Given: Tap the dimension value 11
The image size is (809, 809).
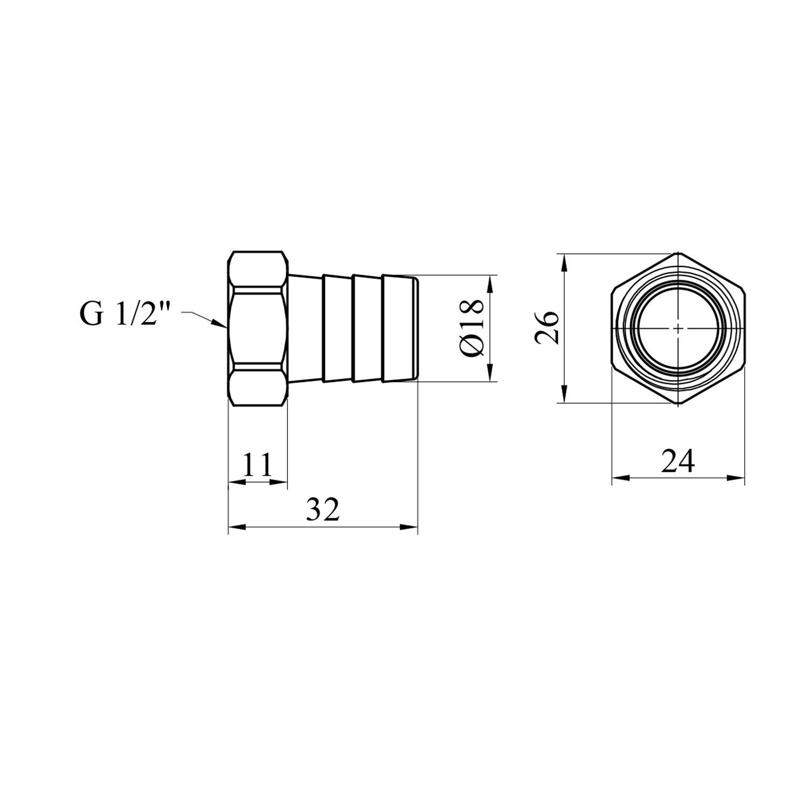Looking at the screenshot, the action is (257, 464).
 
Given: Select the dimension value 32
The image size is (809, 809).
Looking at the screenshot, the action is (323, 509).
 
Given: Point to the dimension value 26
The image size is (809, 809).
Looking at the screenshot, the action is (546, 327).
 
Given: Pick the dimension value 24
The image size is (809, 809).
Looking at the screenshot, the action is (678, 461).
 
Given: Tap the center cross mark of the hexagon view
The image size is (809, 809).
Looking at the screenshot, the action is (678, 328).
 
